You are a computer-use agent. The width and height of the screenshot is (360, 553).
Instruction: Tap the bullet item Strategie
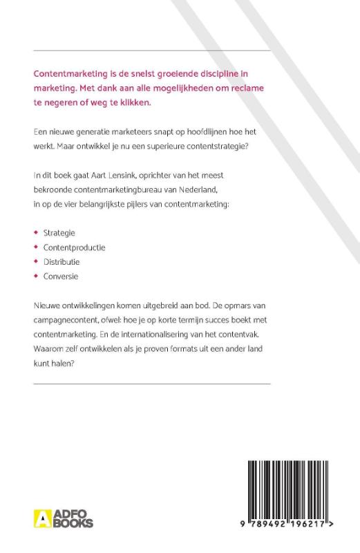pos(59,233)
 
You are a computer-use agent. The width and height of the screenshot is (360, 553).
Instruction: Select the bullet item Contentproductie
pos(74,247)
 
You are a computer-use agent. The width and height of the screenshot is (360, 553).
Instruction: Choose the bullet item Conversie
pos(60,276)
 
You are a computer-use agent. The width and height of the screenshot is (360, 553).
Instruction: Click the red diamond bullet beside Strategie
pos(36,233)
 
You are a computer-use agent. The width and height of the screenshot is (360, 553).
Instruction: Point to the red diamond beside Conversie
pos(36,276)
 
